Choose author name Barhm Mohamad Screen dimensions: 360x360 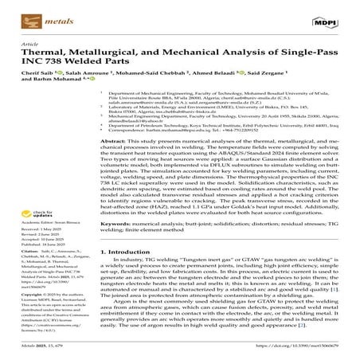point(56,89)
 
